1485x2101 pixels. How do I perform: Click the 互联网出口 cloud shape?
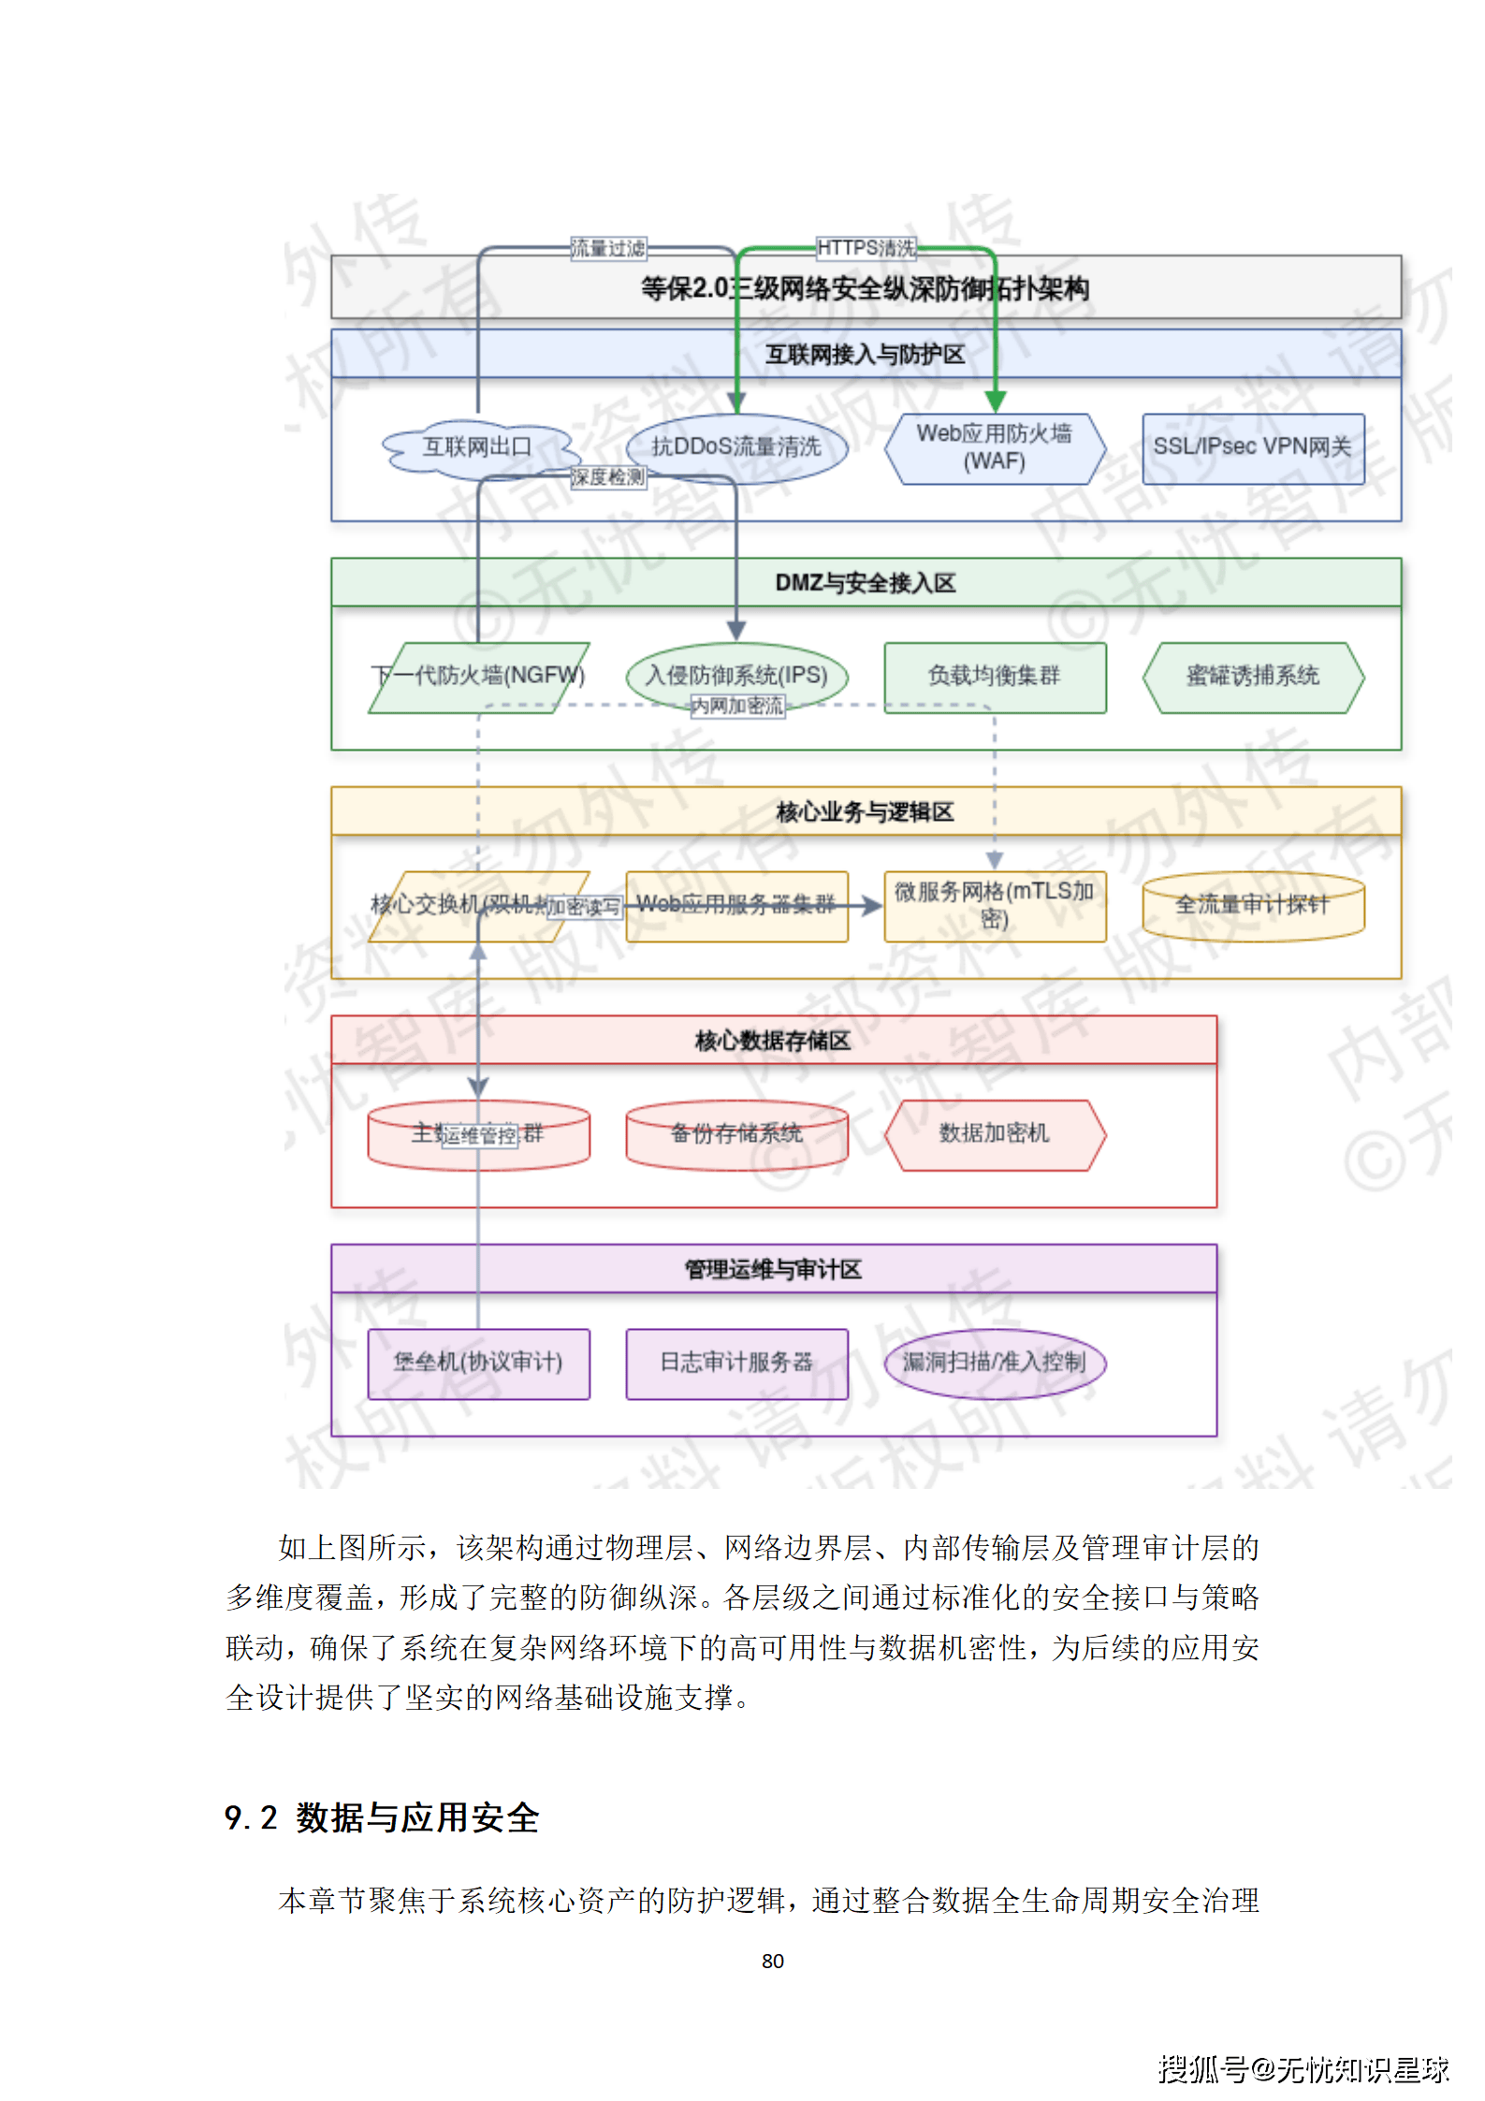(x=476, y=448)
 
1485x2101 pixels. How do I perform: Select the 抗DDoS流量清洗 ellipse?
(x=736, y=448)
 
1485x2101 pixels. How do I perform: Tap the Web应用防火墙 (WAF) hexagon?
(x=995, y=448)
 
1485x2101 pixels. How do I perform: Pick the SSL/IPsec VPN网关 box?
(x=1253, y=448)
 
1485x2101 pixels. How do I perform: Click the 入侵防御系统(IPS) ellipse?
(x=736, y=676)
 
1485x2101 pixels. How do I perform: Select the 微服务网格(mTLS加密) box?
(x=995, y=905)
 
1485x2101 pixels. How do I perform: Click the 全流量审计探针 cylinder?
(x=1253, y=905)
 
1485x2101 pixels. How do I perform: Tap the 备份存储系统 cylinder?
(x=736, y=1134)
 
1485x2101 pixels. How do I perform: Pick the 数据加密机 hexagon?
(x=995, y=1134)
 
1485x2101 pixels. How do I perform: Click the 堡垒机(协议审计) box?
(x=478, y=1363)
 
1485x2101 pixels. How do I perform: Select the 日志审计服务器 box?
(x=736, y=1363)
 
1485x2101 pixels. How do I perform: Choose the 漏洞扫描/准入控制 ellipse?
(x=995, y=1363)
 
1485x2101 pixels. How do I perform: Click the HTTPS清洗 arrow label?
(x=866, y=248)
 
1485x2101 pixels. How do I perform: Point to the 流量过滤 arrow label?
(x=608, y=248)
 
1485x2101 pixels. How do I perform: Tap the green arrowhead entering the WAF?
(x=995, y=401)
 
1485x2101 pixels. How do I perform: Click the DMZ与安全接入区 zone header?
(x=866, y=583)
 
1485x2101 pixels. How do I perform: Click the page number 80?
(x=772, y=1961)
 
